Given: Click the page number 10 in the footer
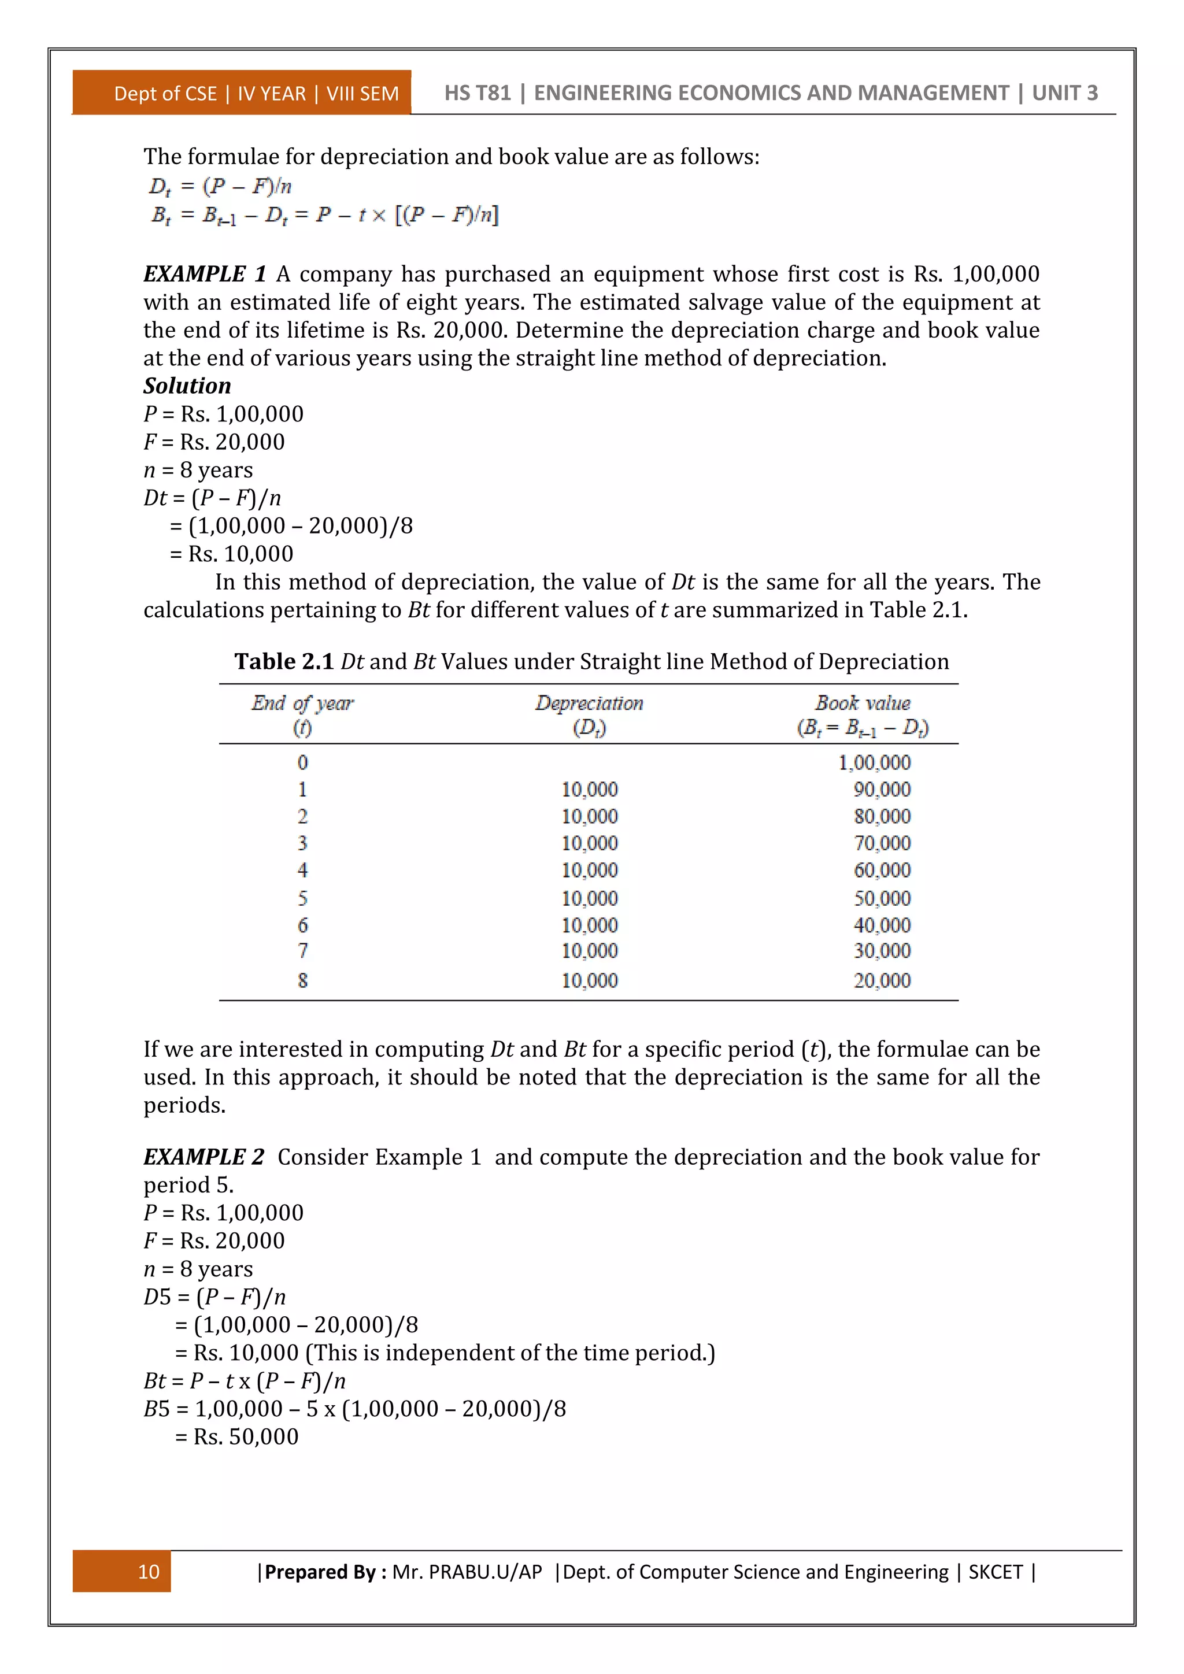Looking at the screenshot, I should pyautogui.click(x=148, y=1571).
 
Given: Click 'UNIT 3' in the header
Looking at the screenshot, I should pyautogui.click(x=1064, y=93).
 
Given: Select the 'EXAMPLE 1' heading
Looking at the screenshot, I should pyautogui.click(x=205, y=274).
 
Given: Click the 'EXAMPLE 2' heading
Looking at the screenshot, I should pyautogui.click(x=203, y=1157).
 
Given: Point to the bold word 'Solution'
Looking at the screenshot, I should pyautogui.click(x=187, y=386).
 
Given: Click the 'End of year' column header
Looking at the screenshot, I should pyautogui.click(x=302, y=703).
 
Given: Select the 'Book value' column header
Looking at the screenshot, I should pyautogui.click(x=863, y=703).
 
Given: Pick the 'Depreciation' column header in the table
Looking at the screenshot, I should pyautogui.click(x=589, y=703).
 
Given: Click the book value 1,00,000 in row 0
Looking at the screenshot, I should pyautogui.click(x=874, y=762).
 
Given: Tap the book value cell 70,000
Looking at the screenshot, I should pyautogui.click(x=882, y=843).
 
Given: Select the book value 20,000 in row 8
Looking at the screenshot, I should pyautogui.click(x=882, y=980).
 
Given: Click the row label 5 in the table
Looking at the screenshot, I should pyautogui.click(x=302, y=898).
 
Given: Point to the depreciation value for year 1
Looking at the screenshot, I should pyautogui.click(x=589, y=790).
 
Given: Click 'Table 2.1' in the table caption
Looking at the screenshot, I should pyautogui.click(x=284, y=661).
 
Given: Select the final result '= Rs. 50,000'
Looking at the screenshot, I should pyautogui.click(x=236, y=1437).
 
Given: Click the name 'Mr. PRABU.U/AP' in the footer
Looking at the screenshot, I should pyautogui.click(x=467, y=1572).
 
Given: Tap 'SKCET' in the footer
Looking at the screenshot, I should pyautogui.click(x=995, y=1572).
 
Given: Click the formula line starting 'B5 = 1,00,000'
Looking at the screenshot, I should pyautogui.click(x=354, y=1409).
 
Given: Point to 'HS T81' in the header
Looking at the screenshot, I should pyautogui.click(x=478, y=93).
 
